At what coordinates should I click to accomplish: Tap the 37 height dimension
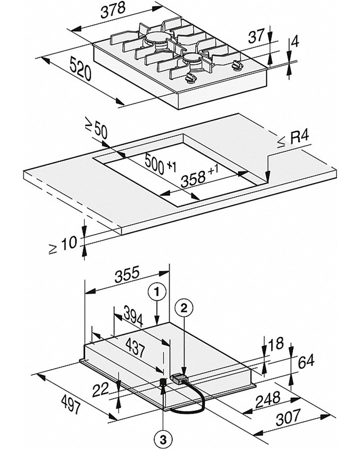coord(256,37)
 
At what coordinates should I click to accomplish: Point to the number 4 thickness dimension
coord(295,42)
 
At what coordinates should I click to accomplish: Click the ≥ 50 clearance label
coord(96,129)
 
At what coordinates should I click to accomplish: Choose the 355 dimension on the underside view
coord(127,275)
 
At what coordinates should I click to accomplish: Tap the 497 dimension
coord(71,404)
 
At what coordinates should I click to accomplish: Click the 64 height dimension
coord(306,362)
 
